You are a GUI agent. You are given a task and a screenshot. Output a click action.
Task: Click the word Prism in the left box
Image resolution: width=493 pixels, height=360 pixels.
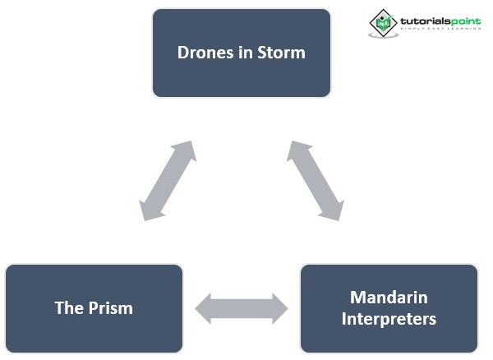coord(111,308)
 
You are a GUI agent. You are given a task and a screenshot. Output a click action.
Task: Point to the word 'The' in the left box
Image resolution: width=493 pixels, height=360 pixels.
coord(69,308)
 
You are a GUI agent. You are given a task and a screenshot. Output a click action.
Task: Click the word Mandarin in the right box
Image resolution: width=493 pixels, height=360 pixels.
coord(389,298)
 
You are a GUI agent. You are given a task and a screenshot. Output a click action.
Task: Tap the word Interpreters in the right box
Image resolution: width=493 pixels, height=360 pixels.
coord(389,318)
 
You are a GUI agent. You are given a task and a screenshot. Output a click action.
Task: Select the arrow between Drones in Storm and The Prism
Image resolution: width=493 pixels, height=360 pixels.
coord(168,180)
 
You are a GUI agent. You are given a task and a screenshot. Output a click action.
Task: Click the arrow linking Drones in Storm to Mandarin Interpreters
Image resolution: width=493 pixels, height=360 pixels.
coord(316,180)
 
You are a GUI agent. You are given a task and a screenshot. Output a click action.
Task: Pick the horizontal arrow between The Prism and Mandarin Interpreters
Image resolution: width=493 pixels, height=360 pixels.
coord(242,308)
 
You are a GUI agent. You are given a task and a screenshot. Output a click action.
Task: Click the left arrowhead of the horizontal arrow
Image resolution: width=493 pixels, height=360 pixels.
coord(205,308)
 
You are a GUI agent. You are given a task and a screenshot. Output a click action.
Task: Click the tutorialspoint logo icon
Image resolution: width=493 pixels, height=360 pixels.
coord(383,22)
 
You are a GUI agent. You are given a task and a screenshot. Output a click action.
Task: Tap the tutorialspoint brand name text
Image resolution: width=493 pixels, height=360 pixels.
coord(440,20)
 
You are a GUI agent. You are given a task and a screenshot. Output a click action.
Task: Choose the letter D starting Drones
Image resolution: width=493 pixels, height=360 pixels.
coord(183,53)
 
